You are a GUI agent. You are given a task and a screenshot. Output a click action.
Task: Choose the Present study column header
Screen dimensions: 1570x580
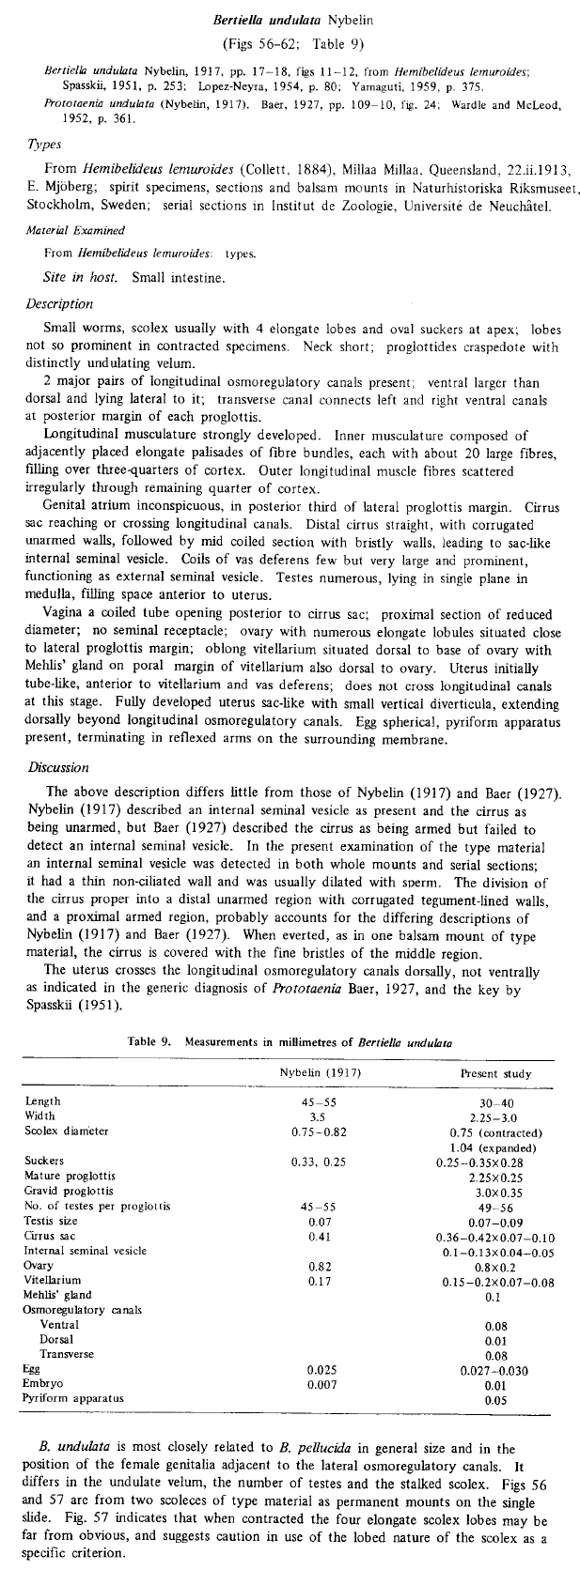[x=495, y=1073]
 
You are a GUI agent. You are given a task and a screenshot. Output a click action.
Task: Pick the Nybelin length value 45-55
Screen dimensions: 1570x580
[x=317, y=1101]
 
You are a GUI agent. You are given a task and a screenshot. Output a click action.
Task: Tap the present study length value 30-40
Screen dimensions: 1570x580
[x=495, y=1102]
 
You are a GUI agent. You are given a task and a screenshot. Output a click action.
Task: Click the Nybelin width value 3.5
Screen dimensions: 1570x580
[x=317, y=1116]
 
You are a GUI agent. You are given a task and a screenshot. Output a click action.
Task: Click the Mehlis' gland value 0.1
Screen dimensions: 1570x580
[x=495, y=1297]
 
